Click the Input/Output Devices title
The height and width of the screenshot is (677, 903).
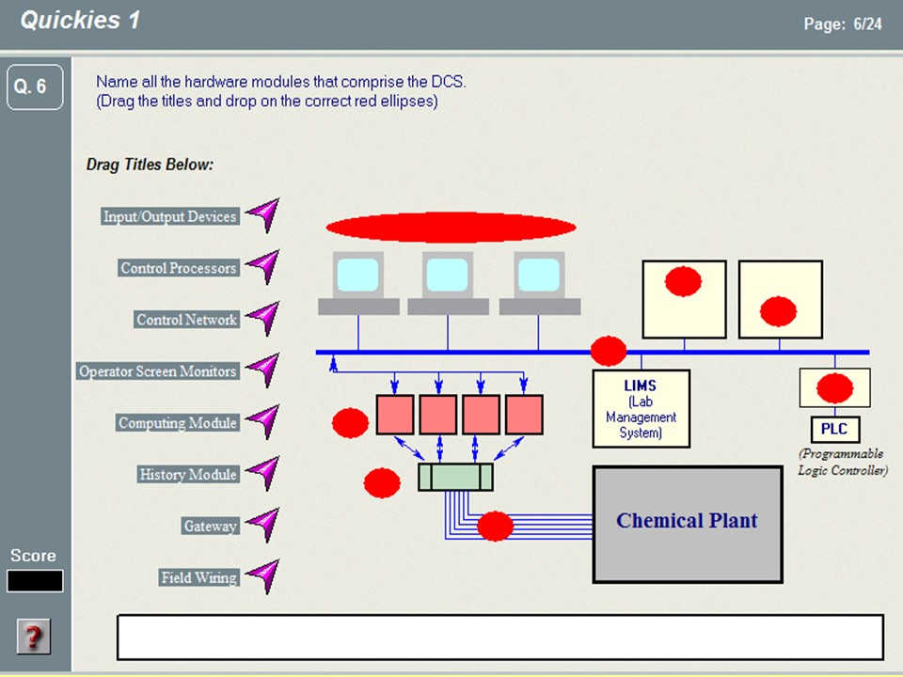pyautogui.click(x=170, y=216)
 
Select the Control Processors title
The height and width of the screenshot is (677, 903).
pyautogui.click(x=179, y=268)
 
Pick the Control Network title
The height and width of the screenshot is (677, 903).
pyautogui.click(x=186, y=320)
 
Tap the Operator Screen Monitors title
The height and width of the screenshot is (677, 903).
pyautogui.click(x=158, y=370)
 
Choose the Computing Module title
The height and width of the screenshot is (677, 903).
pyautogui.click(x=178, y=422)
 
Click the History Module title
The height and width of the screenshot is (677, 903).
pyautogui.click(x=188, y=474)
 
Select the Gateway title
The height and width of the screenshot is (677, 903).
pyautogui.click(x=210, y=526)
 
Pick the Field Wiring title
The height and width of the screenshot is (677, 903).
pyautogui.click(x=198, y=577)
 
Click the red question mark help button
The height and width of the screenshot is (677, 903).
pyautogui.click(x=34, y=637)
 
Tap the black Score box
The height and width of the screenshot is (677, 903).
pyautogui.click(x=35, y=581)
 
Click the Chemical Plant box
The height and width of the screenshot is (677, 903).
pyautogui.click(x=688, y=525)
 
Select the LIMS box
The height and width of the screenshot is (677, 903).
pyautogui.click(x=641, y=408)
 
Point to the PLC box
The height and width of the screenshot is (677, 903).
pyautogui.click(x=834, y=429)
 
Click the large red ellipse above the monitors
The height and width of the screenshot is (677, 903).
pyautogui.click(x=451, y=227)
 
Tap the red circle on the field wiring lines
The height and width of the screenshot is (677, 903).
pyautogui.click(x=496, y=527)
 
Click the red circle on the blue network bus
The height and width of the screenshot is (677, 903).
pyautogui.click(x=609, y=351)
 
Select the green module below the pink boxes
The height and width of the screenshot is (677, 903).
pyautogui.click(x=455, y=478)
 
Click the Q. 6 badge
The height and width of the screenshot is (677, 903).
pyautogui.click(x=35, y=87)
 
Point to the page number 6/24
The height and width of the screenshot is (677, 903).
pyautogui.click(x=867, y=24)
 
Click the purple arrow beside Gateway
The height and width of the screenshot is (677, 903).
pyautogui.click(x=263, y=524)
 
